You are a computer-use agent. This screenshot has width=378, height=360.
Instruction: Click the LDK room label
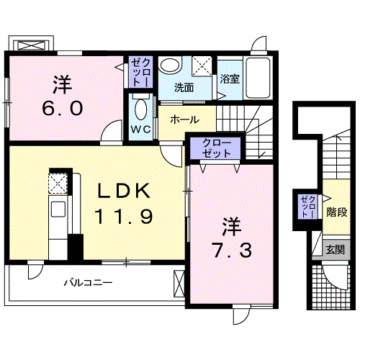[x=122, y=191]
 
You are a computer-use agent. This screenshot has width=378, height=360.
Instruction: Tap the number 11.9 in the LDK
[x=124, y=217]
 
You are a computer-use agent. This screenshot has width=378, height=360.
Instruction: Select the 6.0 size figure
[x=63, y=109]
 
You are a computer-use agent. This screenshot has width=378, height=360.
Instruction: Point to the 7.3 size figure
[x=232, y=250]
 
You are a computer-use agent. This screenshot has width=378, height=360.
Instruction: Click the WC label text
[x=141, y=130]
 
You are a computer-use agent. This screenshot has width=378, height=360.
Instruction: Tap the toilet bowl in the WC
[x=141, y=109]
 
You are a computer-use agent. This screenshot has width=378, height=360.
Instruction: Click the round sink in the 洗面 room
[x=170, y=65]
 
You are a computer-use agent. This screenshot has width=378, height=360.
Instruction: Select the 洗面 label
[x=184, y=88]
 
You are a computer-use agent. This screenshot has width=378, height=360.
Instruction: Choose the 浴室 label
[x=230, y=79]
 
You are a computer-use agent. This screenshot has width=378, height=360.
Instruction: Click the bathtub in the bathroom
[x=258, y=78]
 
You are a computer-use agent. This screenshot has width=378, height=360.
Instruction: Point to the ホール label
[x=184, y=120]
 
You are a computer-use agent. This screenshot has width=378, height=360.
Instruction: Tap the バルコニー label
[x=88, y=282]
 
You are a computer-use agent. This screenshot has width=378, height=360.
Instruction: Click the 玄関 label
[x=336, y=250]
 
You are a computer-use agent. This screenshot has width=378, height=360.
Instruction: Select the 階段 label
[x=337, y=212]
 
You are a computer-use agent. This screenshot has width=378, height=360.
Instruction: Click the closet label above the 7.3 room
[x=216, y=148]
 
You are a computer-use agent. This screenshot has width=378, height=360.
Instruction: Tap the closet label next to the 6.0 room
[x=140, y=72]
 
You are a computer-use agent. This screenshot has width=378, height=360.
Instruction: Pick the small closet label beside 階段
[x=308, y=207]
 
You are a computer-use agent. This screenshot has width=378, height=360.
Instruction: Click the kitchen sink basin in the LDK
[x=58, y=209]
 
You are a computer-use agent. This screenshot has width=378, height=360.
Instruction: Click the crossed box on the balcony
[x=179, y=284]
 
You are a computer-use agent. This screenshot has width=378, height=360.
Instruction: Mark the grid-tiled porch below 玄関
[x=330, y=287]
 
